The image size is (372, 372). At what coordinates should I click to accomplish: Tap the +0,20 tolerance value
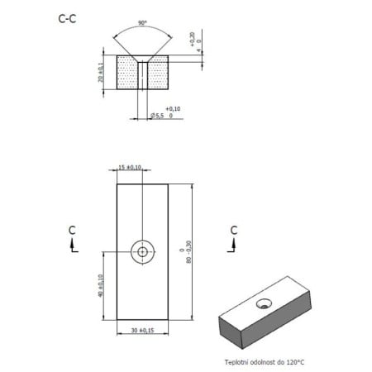pyautogui.click(x=191, y=38)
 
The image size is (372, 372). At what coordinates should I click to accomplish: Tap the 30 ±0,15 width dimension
pyautogui.click(x=142, y=331)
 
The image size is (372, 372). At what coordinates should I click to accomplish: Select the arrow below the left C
pyautogui.click(x=74, y=246)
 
